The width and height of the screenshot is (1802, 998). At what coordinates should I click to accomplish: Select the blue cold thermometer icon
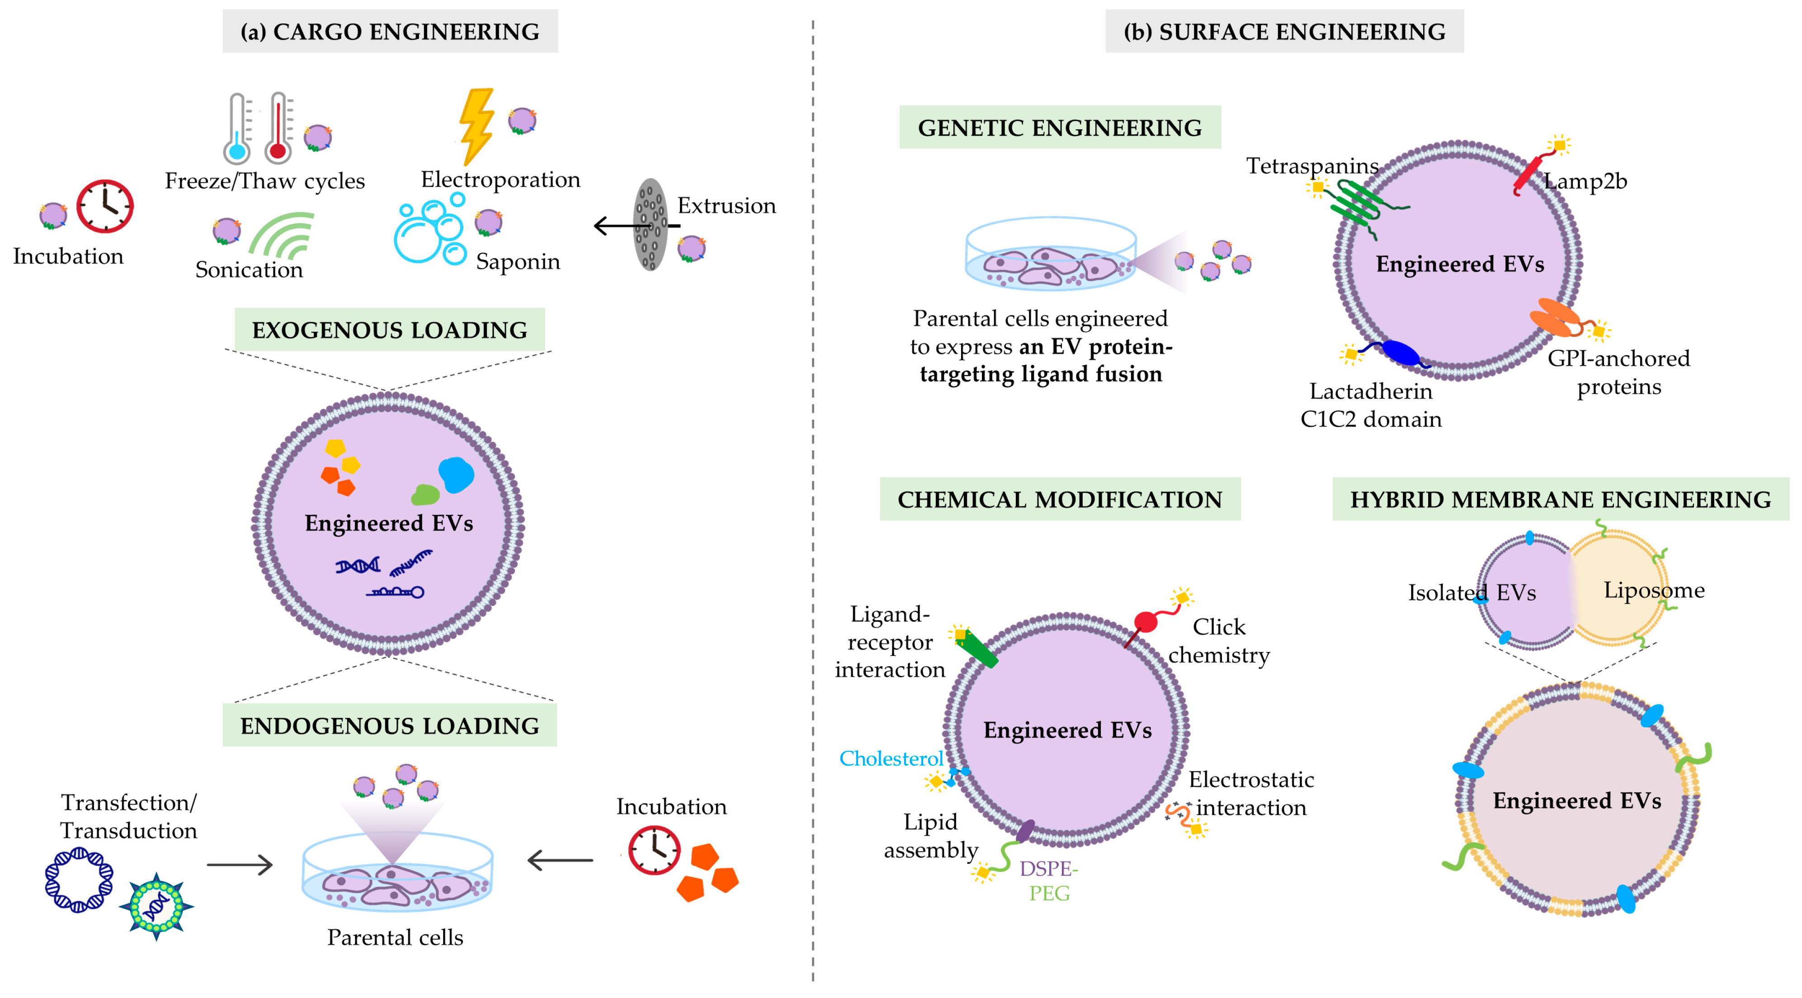(x=238, y=129)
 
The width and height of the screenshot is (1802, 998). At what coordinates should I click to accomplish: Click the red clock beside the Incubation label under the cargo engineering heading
(x=105, y=206)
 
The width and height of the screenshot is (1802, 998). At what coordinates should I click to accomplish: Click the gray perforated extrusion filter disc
(x=650, y=225)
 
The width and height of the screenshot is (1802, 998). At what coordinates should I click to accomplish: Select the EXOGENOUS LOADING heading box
(x=390, y=330)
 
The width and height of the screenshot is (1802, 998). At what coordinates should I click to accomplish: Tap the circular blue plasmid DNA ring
(x=78, y=880)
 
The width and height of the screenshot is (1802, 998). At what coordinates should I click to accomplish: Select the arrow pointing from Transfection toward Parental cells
(x=239, y=865)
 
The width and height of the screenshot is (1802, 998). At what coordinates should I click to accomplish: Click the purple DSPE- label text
(x=1048, y=869)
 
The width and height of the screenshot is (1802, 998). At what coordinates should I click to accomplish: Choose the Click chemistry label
(x=1219, y=640)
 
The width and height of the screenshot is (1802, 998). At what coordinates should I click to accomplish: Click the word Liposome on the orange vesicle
(x=1654, y=590)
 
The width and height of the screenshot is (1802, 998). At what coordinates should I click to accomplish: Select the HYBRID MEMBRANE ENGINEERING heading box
(x=1560, y=499)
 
